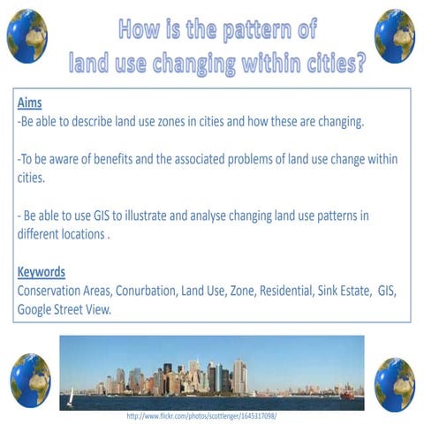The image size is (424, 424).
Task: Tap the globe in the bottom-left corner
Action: coord(30,379)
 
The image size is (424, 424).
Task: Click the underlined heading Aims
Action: coord(29,102)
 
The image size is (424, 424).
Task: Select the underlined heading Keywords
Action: coord(42,271)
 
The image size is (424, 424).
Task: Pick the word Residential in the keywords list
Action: coord(282,291)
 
